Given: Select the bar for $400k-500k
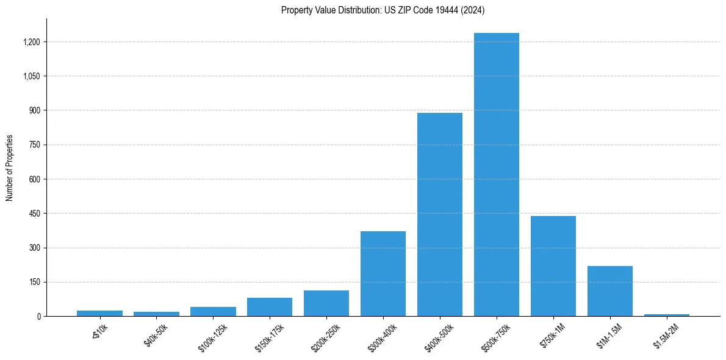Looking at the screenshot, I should click(x=440, y=214).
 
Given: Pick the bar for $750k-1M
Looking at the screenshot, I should click(x=553, y=266).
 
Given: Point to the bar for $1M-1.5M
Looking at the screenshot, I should click(x=610, y=291).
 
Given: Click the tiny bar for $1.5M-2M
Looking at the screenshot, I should click(x=667, y=315).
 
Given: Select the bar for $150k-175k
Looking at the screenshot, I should click(x=270, y=307).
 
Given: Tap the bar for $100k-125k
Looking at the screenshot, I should click(x=213, y=311).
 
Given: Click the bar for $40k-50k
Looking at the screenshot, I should click(x=156, y=314).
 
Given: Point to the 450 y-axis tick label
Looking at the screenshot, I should click(x=34, y=214).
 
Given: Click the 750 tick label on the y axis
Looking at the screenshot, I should click(x=34, y=145).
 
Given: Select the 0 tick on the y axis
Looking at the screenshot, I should click(x=38, y=317).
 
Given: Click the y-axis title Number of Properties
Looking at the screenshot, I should click(x=9, y=168).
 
